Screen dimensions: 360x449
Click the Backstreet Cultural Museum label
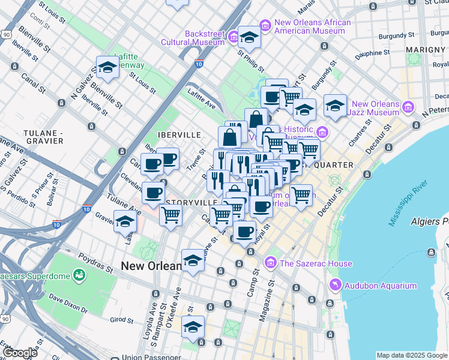[192, 38]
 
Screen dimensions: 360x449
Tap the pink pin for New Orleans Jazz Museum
[408, 108]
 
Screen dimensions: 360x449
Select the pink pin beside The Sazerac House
[270, 263]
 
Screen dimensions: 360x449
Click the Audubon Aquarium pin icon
[334, 286]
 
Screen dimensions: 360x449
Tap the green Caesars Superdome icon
[78, 275]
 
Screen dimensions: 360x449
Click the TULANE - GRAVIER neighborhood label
[43, 136]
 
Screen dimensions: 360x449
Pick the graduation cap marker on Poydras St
[193, 260]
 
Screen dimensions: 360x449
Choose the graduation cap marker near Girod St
[193, 327]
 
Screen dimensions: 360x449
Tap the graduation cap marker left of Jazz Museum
[335, 106]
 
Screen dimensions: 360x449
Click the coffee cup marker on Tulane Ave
[154, 193]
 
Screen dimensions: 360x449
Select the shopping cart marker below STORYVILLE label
[171, 214]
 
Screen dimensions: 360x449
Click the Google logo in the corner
[20, 353]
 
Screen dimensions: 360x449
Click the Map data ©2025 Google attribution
[411, 355]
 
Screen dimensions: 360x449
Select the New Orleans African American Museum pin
[265, 26]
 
